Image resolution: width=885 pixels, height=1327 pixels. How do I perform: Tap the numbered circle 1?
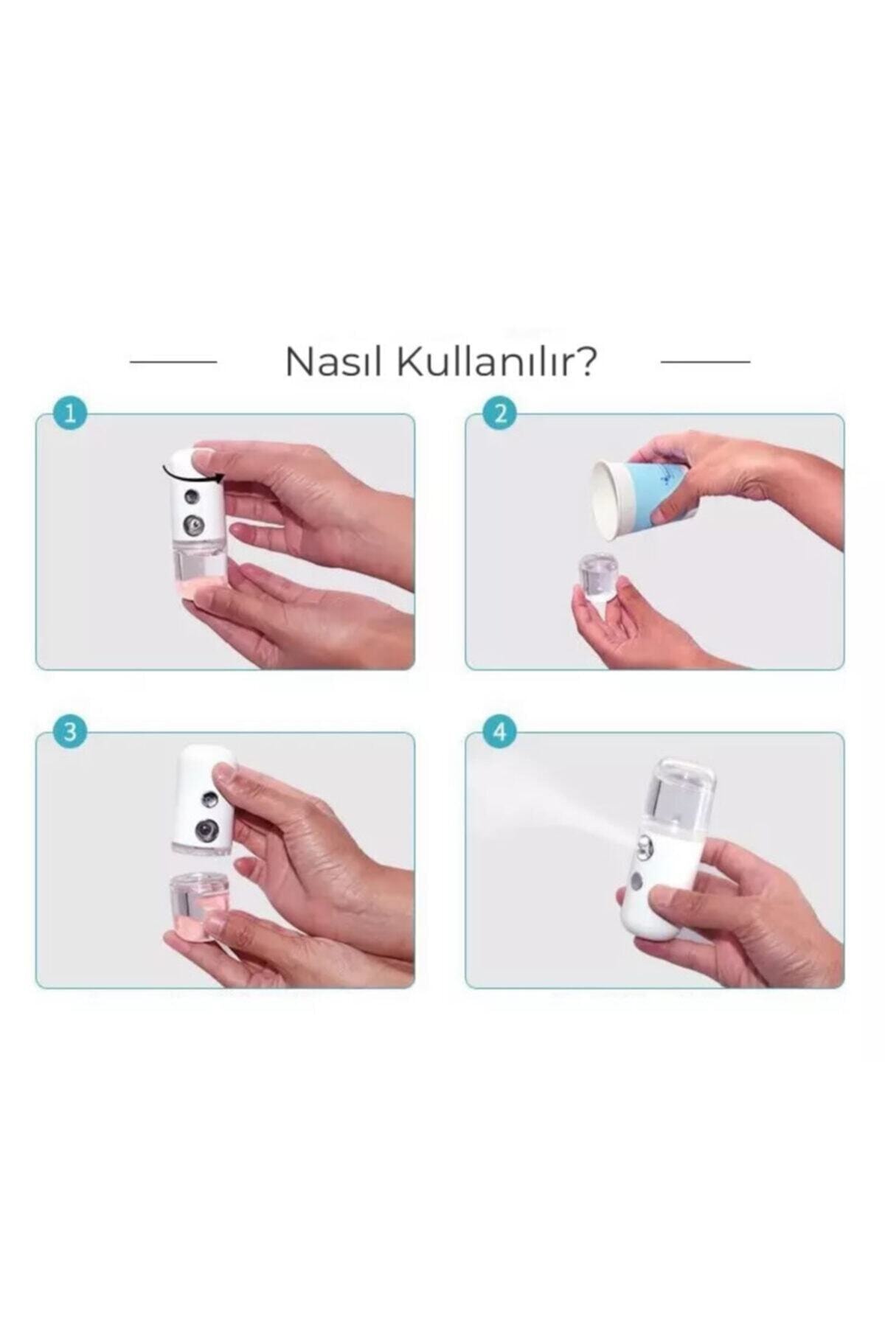[x=70, y=414]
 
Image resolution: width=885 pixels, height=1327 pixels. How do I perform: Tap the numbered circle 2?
[x=500, y=414]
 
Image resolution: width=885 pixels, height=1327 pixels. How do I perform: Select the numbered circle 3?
[x=70, y=733]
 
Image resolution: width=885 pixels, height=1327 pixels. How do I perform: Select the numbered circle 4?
[x=500, y=733]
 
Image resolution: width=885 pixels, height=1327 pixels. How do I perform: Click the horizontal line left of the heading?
[x=173, y=362]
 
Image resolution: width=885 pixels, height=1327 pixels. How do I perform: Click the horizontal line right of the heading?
[x=705, y=362]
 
